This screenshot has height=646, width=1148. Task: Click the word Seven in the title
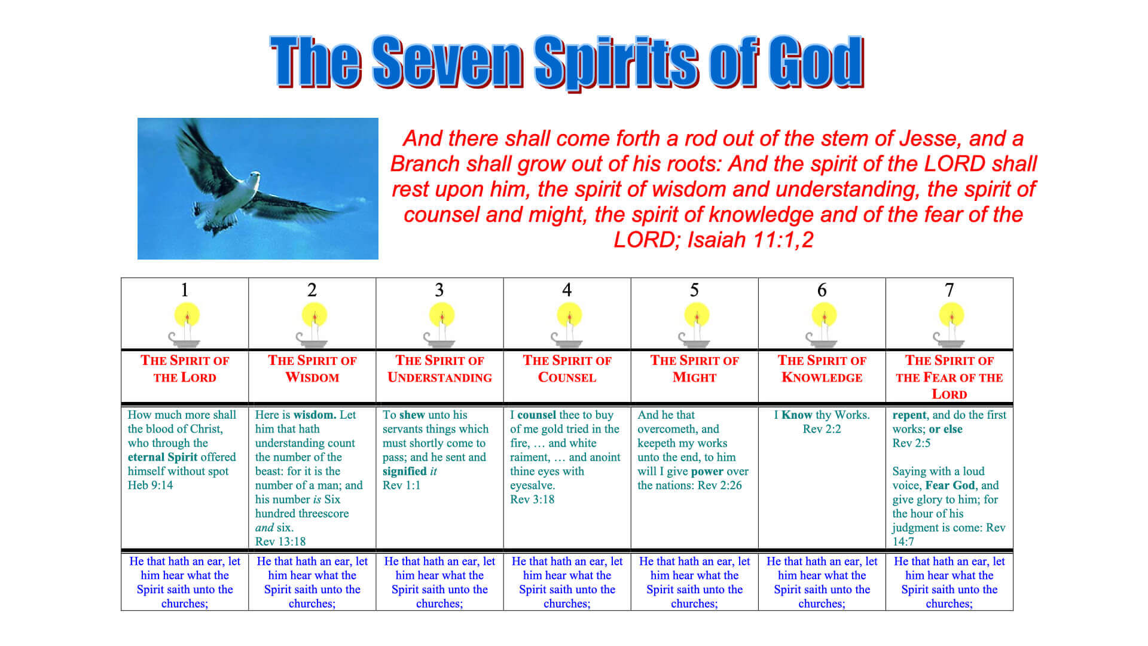[x=448, y=62]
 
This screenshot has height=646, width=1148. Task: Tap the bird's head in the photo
[x=254, y=178]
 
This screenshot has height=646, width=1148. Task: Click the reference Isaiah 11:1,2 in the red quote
[x=750, y=240]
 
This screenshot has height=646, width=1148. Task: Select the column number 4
[x=567, y=290]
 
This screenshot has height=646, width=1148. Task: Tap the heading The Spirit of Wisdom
[x=312, y=368]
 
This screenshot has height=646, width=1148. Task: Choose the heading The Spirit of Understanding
[x=439, y=368]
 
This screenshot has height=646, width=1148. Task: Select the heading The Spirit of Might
[x=694, y=368]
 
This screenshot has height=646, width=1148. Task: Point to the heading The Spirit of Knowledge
[x=822, y=368]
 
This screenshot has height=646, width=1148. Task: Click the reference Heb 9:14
[x=150, y=485]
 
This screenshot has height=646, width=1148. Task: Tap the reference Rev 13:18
[x=280, y=541]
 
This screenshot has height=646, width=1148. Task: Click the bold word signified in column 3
[x=405, y=471]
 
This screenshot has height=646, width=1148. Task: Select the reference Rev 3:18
[x=532, y=499]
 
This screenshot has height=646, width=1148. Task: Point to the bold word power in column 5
[x=707, y=471]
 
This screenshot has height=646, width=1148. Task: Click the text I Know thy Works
[x=822, y=415]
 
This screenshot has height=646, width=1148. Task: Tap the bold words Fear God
[x=950, y=485]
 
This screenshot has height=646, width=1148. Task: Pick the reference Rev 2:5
[x=911, y=443]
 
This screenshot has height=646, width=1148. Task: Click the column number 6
[x=822, y=290]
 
